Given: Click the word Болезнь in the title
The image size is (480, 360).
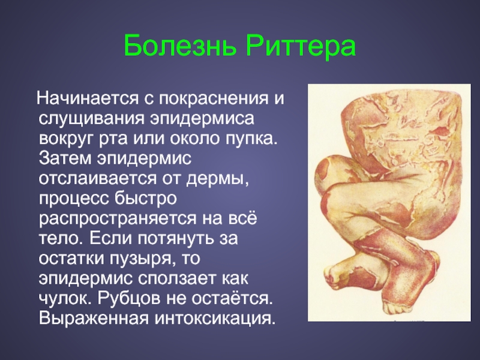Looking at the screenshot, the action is (181, 46).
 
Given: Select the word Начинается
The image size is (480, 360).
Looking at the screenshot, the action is (88, 98).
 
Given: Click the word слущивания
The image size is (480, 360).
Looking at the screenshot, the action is (91, 119).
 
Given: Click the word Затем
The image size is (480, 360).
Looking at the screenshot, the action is (66, 158).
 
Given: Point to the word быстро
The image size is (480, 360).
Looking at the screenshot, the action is (146, 199).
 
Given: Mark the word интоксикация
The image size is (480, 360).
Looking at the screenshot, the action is (214, 319).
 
